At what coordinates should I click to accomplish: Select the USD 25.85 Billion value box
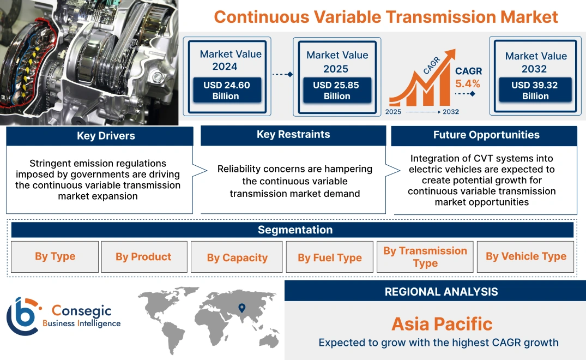coord(337,90)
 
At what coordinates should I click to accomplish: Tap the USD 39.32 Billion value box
coord(535,90)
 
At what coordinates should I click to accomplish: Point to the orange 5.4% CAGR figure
coord(468,83)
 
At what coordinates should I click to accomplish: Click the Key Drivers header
coord(106,136)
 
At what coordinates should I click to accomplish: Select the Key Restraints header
coord(293,135)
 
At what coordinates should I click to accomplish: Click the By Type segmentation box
coord(55,256)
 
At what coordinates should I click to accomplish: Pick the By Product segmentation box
coord(143,257)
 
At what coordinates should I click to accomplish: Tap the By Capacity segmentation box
coord(237,257)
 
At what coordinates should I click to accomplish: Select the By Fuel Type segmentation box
coord(330,257)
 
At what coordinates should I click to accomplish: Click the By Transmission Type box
coord(425,257)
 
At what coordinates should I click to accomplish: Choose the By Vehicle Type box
coord(526,256)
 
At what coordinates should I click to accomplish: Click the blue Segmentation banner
coord(295,230)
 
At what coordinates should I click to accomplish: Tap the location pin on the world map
coord(241,309)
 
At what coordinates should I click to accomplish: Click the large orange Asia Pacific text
coord(442,323)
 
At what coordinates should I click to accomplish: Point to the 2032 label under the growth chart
coord(451,112)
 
